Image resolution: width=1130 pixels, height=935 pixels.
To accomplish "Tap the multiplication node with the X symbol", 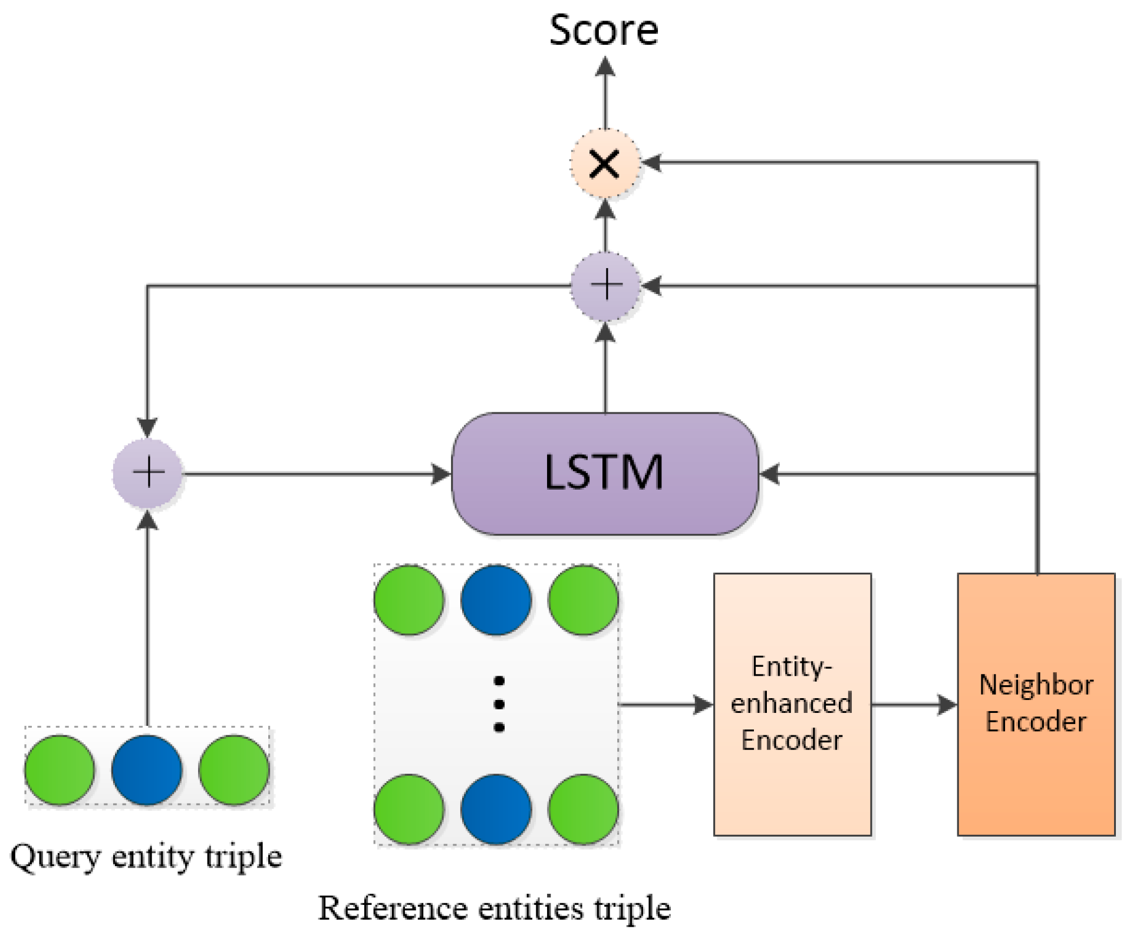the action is pyautogui.click(x=605, y=163).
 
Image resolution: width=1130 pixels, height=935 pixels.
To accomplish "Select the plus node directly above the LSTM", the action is pyautogui.click(x=605, y=286).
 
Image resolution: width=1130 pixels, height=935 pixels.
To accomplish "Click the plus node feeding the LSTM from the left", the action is pyautogui.click(x=147, y=473).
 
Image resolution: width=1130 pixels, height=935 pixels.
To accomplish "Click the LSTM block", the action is pyautogui.click(x=605, y=474).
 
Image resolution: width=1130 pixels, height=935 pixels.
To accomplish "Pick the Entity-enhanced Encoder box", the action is pyautogui.click(x=792, y=704).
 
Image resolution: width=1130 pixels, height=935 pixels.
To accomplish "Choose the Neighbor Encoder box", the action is pyautogui.click(x=1036, y=704).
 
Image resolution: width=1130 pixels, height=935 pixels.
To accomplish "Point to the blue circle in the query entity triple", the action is pyautogui.click(x=146, y=769).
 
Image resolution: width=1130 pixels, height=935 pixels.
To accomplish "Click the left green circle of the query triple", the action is pyautogui.click(x=60, y=769).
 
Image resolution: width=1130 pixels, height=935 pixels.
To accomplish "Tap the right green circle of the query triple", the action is pyautogui.click(x=234, y=769).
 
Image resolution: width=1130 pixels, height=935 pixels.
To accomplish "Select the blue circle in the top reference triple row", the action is pyautogui.click(x=496, y=600).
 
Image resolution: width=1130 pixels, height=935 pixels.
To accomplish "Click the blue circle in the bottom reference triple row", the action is pyautogui.click(x=496, y=809).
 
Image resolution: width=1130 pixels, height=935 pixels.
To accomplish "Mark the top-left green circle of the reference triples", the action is pyautogui.click(x=408, y=600).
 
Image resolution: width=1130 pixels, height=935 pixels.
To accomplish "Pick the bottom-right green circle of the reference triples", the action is pyautogui.click(x=583, y=809).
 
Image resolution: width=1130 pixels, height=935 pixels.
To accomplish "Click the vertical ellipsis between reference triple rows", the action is pyautogui.click(x=499, y=704).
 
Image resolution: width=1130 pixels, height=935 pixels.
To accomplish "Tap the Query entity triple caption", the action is pyautogui.click(x=146, y=857).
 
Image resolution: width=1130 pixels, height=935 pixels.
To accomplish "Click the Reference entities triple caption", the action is pyautogui.click(x=495, y=908).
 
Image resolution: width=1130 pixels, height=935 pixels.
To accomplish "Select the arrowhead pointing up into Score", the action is pyautogui.click(x=605, y=66).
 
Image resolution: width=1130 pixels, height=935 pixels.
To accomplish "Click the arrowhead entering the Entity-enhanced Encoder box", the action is pyautogui.click(x=704, y=704).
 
